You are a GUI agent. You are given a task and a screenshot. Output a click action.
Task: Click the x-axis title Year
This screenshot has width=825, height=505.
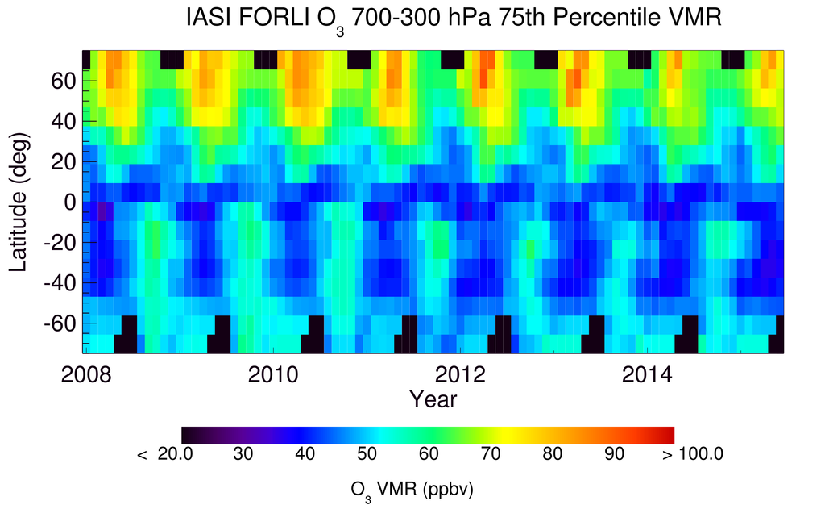[433, 399]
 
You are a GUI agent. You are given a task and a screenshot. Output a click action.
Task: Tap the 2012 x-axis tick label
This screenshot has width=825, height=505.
[460, 374]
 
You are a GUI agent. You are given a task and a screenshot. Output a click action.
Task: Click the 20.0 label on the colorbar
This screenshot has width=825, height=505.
[175, 454]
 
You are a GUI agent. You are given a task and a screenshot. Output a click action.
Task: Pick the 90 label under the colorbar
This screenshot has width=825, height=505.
[613, 454]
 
